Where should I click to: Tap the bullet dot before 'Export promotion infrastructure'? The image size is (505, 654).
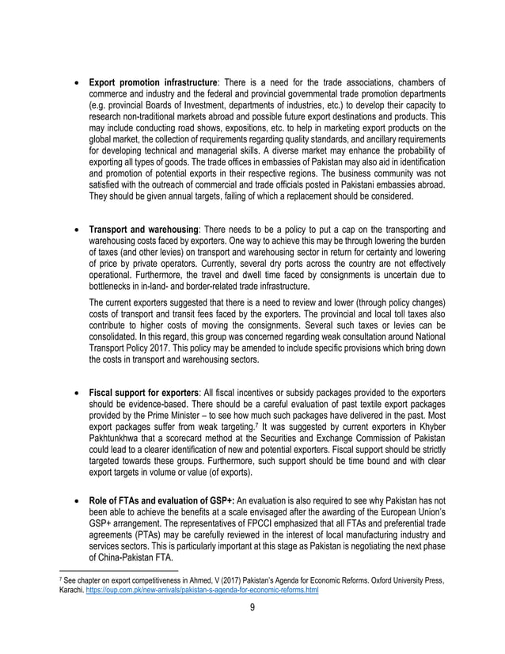(76, 83)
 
